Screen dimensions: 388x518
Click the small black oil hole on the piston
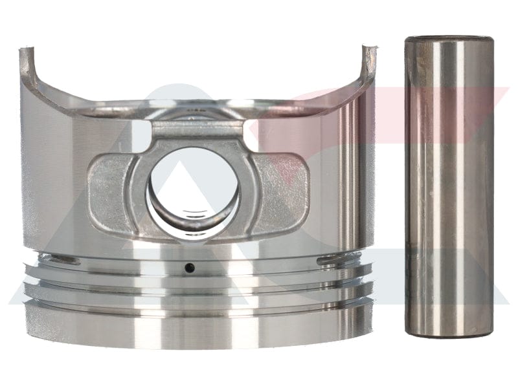pos(188,267)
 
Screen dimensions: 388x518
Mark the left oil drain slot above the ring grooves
pos(65,260)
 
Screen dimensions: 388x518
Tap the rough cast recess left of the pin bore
pos(107,188)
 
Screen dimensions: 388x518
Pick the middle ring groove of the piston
pos(194,285)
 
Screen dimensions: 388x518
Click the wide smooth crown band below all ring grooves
pos(194,327)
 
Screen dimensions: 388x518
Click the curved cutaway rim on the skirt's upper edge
pos(194,103)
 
